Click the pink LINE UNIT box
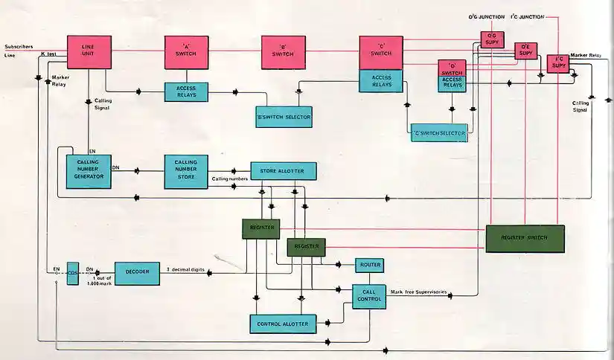point(90,53)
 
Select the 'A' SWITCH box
point(186,53)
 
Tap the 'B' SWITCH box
point(284,53)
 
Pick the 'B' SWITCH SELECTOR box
point(283,116)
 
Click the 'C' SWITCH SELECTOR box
point(439,133)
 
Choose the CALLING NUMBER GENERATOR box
point(89,172)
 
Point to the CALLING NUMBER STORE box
point(185,172)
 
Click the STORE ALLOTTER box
point(284,170)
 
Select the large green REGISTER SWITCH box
point(525,238)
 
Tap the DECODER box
point(136,273)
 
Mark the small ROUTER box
point(370,264)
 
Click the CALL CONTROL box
point(368,295)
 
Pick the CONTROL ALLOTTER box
point(283,324)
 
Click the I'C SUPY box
point(557,64)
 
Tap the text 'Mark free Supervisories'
point(419,292)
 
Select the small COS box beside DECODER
point(72,273)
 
